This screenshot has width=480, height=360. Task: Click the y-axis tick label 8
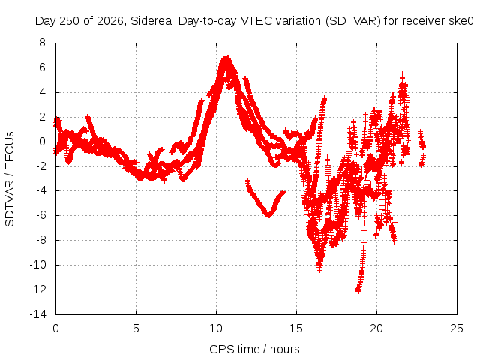pyautogui.click(x=42, y=43)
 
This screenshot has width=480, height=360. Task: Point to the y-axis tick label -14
pyautogui.click(x=38, y=314)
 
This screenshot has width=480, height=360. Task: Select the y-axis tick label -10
pyautogui.click(x=38, y=265)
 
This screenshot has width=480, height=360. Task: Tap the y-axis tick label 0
pyautogui.click(x=42, y=142)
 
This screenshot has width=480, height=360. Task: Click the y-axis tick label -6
pyautogui.click(x=40, y=215)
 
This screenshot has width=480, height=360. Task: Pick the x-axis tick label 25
pyautogui.click(x=457, y=328)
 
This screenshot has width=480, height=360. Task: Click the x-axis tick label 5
pyautogui.click(x=136, y=328)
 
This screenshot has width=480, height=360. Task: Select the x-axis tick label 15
pyautogui.click(x=296, y=328)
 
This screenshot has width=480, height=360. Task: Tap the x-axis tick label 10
pyautogui.click(x=216, y=328)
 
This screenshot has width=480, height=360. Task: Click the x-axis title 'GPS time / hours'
pyautogui.click(x=254, y=349)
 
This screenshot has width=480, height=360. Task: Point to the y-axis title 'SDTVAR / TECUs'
pyautogui.click(x=10, y=179)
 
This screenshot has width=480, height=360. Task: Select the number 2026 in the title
pyautogui.click(x=109, y=21)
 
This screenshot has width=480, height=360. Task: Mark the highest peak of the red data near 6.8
pyautogui.click(x=226, y=58)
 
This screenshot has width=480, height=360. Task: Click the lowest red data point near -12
pyautogui.click(x=358, y=289)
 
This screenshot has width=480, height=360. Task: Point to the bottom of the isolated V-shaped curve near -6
pyautogui.click(x=268, y=215)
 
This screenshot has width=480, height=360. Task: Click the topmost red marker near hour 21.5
pyautogui.click(x=402, y=74)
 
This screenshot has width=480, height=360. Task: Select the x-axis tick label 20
pyautogui.click(x=376, y=328)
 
